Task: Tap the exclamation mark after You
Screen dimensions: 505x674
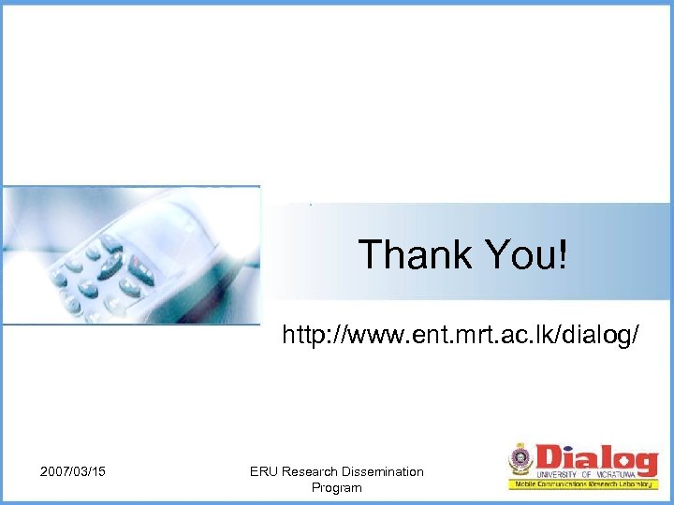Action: (x=562, y=254)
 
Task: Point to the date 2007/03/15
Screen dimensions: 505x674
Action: (x=73, y=471)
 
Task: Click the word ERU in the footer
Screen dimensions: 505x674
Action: (x=264, y=471)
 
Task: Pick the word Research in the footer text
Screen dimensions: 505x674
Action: (x=312, y=471)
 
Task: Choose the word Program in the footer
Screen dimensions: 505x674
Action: (x=336, y=487)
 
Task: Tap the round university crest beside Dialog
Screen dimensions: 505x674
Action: (x=520, y=458)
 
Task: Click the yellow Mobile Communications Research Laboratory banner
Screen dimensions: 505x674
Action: (x=584, y=485)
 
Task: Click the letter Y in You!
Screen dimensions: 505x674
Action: (x=497, y=254)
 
